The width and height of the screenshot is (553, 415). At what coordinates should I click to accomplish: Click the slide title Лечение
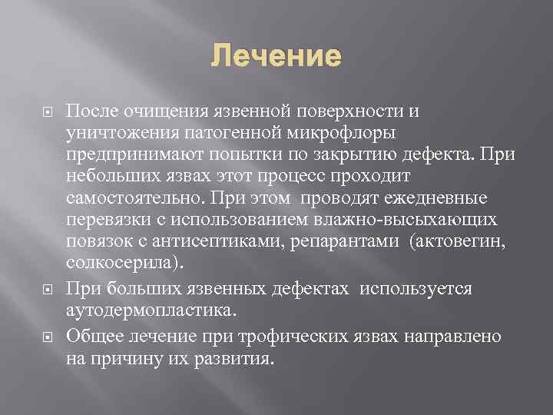click(x=276, y=56)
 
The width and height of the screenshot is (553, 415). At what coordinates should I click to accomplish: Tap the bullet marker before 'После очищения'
click(x=46, y=111)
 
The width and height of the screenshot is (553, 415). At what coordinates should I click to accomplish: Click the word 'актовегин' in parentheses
click(x=462, y=243)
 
